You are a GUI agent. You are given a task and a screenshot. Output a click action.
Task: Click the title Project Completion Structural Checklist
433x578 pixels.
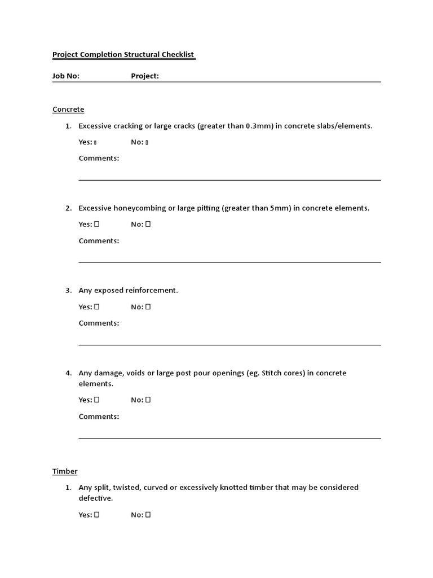click(x=123, y=55)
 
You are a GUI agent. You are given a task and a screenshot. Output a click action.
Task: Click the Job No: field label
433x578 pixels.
click(x=66, y=76)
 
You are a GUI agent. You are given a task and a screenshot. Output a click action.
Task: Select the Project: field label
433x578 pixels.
click(x=145, y=76)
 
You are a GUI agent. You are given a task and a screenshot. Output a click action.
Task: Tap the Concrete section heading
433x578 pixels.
click(x=68, y=109)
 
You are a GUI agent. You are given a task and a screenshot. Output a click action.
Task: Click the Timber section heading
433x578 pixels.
click(x=65, y=471)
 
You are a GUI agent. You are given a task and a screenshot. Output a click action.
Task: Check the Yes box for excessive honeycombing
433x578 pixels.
click(x=97, y=224)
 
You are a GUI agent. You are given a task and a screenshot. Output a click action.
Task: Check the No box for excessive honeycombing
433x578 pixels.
click(x=148, y=224)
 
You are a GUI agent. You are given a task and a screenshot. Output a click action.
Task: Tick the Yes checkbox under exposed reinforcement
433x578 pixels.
click(x=97, y=307)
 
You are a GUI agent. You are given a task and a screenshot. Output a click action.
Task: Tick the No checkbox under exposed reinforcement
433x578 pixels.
click(x=148, y=307)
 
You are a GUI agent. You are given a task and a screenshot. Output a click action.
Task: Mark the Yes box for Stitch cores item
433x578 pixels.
click(x=97, y=400)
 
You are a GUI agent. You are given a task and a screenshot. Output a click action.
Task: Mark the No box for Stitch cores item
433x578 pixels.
click(x=148, y=400)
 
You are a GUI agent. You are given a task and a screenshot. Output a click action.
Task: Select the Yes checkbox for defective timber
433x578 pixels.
click(x=97, y=514)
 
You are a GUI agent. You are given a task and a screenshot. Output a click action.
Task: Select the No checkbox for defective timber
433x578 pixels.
click(x=148, y=514)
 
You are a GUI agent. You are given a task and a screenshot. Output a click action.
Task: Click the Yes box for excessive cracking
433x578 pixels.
click(x=95, y=142)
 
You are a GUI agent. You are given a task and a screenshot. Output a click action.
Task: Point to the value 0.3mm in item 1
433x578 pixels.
click(x=258, y=126)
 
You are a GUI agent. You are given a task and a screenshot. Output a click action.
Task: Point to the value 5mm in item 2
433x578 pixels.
click(x=279, y=208)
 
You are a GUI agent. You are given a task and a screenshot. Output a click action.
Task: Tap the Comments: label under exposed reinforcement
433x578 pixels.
click(x=99, y=323)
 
